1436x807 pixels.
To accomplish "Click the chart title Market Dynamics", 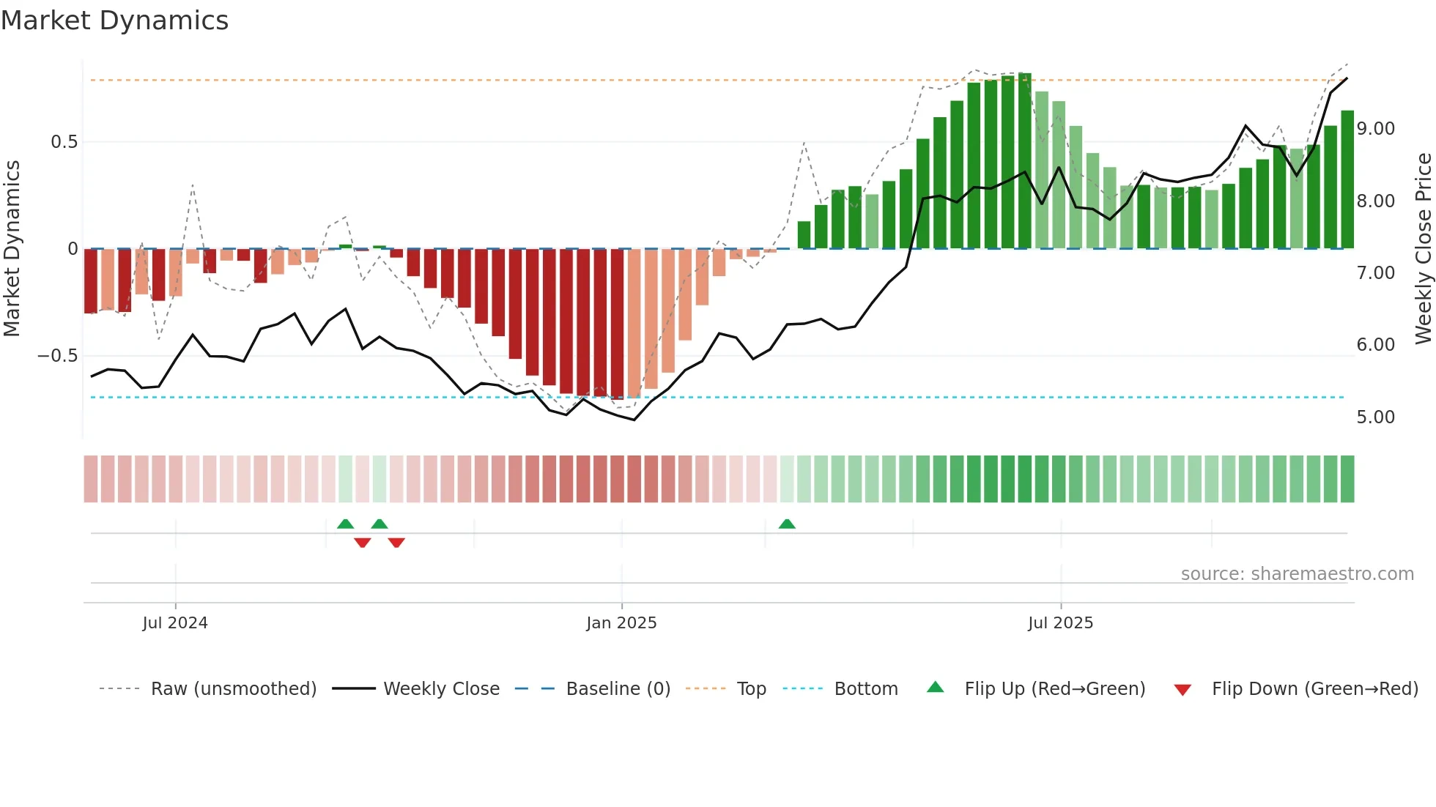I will pyautogui.click(x=115, y=21).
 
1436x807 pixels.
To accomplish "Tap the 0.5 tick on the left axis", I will pyautogui.click(x=64, y=142).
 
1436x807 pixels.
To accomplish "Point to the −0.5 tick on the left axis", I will pyautogui.click(x=58, y=356).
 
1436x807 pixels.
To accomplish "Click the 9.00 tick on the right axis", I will pyautogui.click(x=1375, y=129).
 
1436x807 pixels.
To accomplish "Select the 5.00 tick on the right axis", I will pyautogui.click(x=1375, y=417).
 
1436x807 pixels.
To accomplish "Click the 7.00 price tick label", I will pyautogui.click(x=1375, y=273).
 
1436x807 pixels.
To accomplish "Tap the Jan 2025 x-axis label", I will pyautogui.click(x=621, y=623).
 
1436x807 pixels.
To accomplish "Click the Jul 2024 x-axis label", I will pyautogui.click(x=175, y=623).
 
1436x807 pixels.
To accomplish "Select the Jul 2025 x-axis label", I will pyautogui.click(x=1060, y=623).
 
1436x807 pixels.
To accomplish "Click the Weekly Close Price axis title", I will pyautogui.click(x=1423, y=249).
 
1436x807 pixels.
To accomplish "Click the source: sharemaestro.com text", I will pyautogui.click(x=1297, y=574).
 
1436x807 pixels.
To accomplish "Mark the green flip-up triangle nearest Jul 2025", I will pyautogui.click(x=787, y=524).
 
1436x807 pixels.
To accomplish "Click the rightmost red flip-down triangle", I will pyautogui.click(x=396, y=543).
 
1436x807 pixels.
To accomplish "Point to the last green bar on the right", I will pyautogui.click(x=1347, y=179).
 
